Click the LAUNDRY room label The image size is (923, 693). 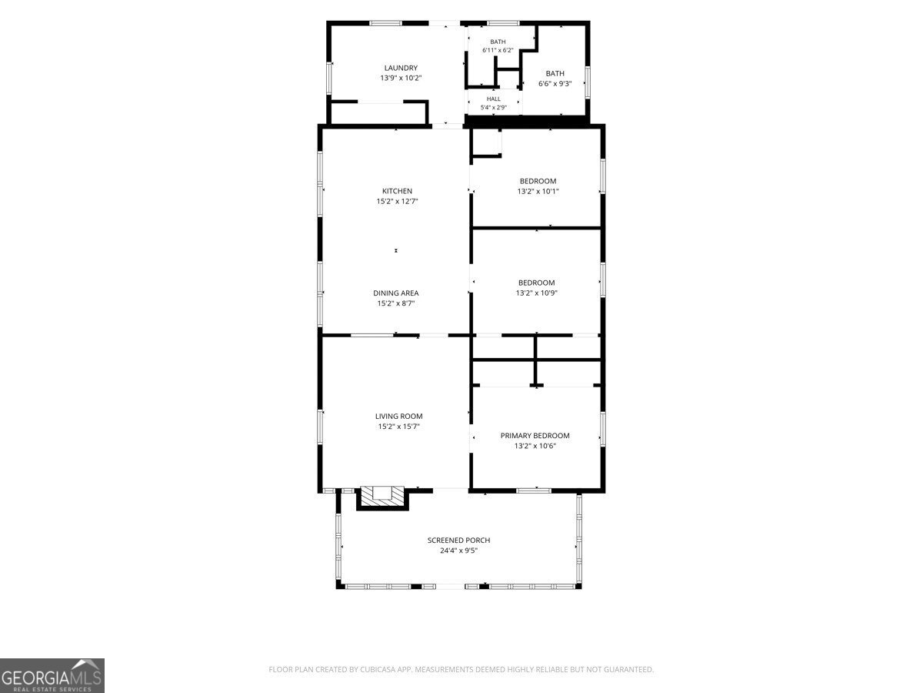tap(401, 68)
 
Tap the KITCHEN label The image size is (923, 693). tap(397, 191)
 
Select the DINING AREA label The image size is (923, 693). tap(395, 293)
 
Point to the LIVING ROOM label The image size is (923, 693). tap(398, 416)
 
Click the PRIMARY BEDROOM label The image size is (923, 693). tap(535, 436)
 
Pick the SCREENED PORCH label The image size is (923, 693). tap(458, 540)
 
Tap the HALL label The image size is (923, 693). tap(494, 99)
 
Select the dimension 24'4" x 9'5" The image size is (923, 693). tap(458, 551)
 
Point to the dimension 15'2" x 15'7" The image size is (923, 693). tap(398, 427)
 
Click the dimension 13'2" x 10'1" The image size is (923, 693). tap(538, 191)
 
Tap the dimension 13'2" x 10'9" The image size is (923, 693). tap(537, 293)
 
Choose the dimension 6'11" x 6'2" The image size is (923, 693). tap(498, 50)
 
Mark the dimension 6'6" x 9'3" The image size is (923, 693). tap(555, 83)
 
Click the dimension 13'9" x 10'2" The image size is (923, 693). tap(401, 78)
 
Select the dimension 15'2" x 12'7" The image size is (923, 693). tap(397, 201)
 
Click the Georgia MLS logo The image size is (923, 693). tap(52, 676)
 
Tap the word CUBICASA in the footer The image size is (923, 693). tap(377, 669)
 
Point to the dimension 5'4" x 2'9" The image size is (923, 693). tap(494, 107)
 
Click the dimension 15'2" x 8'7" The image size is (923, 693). tap(395, 303)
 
